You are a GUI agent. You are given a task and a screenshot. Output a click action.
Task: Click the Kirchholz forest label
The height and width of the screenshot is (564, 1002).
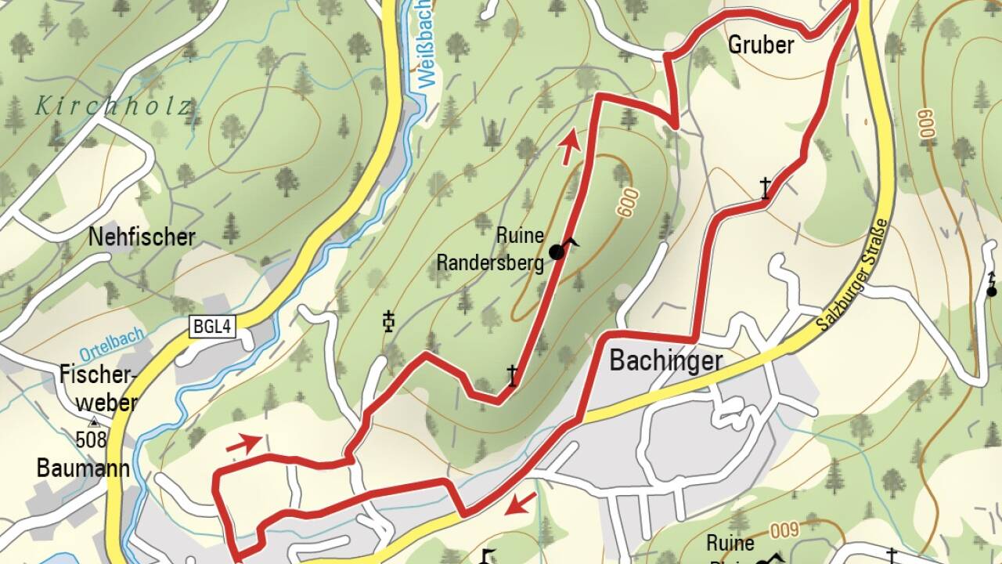114,106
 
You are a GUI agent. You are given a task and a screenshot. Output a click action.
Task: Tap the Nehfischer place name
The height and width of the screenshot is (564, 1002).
142,237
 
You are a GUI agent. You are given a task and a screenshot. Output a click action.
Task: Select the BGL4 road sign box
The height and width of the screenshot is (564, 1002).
211,327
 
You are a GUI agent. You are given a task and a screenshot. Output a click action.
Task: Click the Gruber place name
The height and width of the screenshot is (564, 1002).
760,45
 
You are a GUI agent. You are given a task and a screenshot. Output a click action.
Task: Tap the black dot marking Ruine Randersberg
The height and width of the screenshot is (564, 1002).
557,251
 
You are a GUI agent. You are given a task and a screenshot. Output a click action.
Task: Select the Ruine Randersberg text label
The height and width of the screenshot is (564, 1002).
490,249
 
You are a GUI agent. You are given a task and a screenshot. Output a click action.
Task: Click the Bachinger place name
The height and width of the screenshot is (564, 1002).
665,361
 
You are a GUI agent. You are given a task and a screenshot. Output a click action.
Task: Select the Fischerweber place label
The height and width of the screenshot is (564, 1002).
99,389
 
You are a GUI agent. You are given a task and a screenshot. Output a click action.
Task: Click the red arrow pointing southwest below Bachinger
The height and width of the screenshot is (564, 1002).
521,504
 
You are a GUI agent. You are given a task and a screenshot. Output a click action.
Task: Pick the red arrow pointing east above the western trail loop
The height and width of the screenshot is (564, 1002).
244,444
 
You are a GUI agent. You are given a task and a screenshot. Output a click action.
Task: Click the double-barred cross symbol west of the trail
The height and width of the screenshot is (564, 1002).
388,321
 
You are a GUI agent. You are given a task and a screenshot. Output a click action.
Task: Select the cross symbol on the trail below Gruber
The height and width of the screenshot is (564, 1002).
766,188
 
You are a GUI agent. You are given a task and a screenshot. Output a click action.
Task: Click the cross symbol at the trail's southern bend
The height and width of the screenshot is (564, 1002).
512,376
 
